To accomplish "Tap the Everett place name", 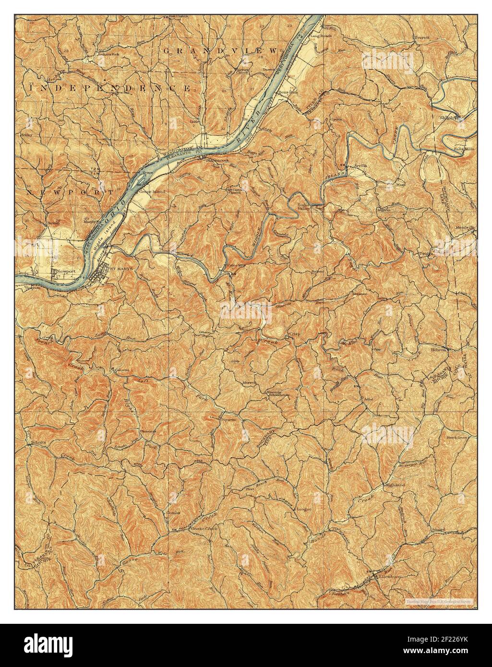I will pyautogui.click(x=422, y=37).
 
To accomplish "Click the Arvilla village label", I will pyautogui.click(x=360, y=165).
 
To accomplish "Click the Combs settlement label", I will pyautogui.click(x=173, y=512).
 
